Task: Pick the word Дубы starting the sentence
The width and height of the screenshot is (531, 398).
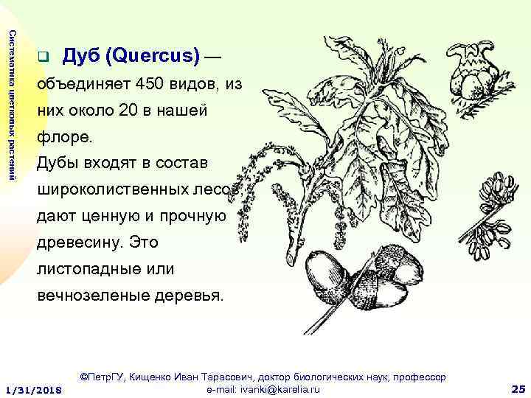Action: (58, 163)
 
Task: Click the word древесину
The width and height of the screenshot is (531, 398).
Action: (77, 242)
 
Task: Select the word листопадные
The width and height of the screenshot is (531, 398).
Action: (82, 269)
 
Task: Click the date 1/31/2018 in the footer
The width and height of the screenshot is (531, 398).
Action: (33, 389)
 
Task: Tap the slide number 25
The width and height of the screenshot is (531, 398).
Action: (517, 388)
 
